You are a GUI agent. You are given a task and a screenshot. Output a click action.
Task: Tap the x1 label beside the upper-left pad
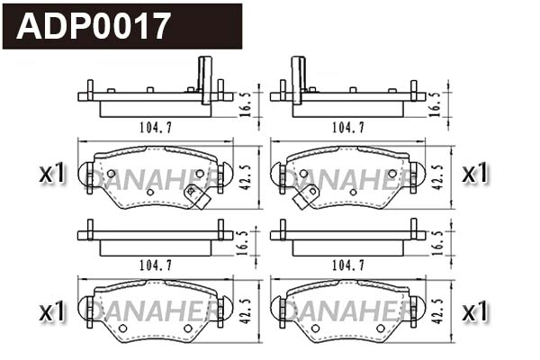point(54,173)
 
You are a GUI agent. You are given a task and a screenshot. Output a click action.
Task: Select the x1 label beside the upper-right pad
point(474,173)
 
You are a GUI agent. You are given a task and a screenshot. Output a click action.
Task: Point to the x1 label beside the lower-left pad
point(54,311)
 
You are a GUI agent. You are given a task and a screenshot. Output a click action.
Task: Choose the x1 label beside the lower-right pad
point(474,311)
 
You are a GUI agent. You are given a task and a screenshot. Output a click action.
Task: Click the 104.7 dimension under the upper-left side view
point(156,127)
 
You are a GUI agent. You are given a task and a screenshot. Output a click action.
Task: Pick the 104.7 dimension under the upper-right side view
point(347,127)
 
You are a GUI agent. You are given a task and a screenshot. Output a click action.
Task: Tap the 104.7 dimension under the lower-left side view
point(156,265)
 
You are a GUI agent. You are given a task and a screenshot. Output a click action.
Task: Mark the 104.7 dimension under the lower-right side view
point(347,265)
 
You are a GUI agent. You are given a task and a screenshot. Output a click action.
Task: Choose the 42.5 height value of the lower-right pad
point(436,312)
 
